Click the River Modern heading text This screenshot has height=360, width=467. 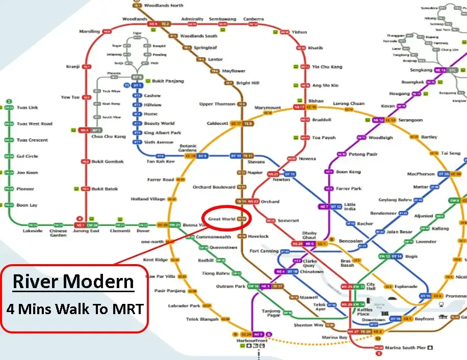pos(73,281)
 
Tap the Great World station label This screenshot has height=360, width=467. pos(221,219)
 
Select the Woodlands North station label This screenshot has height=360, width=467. pos(164,6)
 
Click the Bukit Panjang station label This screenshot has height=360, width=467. pos(168,81)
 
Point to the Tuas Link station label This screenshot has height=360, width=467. pos(27,108)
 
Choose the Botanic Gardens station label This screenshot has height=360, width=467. pos(188,148)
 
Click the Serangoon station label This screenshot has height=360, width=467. pos(410,120)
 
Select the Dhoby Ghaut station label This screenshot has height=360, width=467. pos(309,235)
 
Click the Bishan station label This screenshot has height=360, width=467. pos(316,101)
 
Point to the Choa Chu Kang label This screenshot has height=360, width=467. pos(108,137)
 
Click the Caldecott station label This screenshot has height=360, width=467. pos(218,123)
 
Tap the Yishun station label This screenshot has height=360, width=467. pos(300,32)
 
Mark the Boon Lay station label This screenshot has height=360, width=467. pos(27,205)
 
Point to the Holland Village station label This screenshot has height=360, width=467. pos(148,199)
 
